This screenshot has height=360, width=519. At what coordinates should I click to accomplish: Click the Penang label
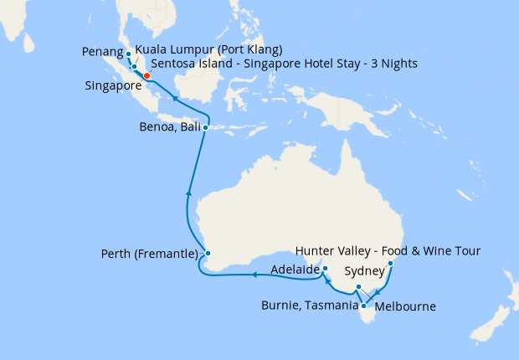pyautogui.click(x=104, y=52)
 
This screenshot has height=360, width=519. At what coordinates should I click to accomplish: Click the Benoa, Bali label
pyautogui.click(x=170, y=128)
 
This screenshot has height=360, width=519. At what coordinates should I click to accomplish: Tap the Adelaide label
pyautogui.click(x=295, y=270)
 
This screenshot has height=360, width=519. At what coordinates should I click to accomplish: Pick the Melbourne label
pyautogui.click(x=406, y=306)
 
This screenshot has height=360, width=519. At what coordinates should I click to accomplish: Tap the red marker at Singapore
pyautogui.click(x=146, y=75)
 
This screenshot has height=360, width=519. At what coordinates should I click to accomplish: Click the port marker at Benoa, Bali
pyautogui.click(x=206, y=128)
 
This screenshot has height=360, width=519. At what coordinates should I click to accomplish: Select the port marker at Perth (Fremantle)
pyautogui.click(x=208, y=254)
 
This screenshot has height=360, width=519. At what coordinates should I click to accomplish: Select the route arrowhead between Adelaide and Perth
pyautogui.click(x=253, y=274)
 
